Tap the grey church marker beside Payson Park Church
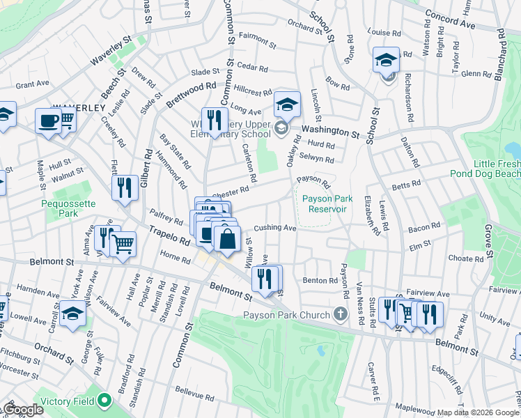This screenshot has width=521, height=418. pyautogui.click(x=341, y=313)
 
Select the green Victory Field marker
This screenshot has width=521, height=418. pyautogui.click(x=104, y=401)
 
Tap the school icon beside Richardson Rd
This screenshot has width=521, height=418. pyautogui.click(x=385, y=61)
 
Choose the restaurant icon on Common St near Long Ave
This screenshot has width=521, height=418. pyautogui.click(x=215, y=120)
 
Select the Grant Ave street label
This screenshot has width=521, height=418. pyautogui.click(x=32, y=84)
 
